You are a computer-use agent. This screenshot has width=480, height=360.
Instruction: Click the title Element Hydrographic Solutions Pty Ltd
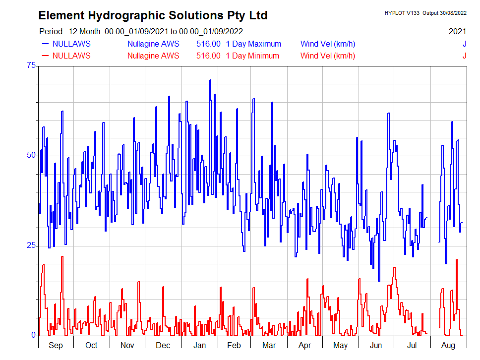(x=153, y=15)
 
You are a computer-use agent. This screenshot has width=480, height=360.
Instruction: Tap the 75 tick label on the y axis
(x=31, y=65)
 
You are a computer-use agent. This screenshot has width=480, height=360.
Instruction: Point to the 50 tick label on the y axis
(x=31, y=155)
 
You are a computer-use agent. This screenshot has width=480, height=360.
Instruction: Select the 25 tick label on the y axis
(x=31, y=245)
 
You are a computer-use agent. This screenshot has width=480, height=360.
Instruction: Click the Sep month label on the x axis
(x=56, y=345)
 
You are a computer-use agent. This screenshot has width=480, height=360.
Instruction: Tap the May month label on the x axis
(x=340, y=345)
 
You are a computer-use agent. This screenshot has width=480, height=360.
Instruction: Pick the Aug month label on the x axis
(x=448, y=345)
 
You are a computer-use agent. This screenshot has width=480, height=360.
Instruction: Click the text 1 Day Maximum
(x=253, y=44)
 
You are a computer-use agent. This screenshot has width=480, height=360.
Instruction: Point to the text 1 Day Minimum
(x=252, y=56)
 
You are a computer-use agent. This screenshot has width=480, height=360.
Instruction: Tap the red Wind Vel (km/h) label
(x=328, y=56)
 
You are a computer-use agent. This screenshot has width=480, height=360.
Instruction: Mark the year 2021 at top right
(x=457, y=31)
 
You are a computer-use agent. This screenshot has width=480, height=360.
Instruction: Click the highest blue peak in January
(x=210, y=80)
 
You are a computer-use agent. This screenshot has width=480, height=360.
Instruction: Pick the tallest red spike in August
(x=457, y=260)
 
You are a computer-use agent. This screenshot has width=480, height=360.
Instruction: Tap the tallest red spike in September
(x=62, y=257)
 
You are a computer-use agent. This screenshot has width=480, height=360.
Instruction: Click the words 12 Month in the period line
(x=85, y=31)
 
